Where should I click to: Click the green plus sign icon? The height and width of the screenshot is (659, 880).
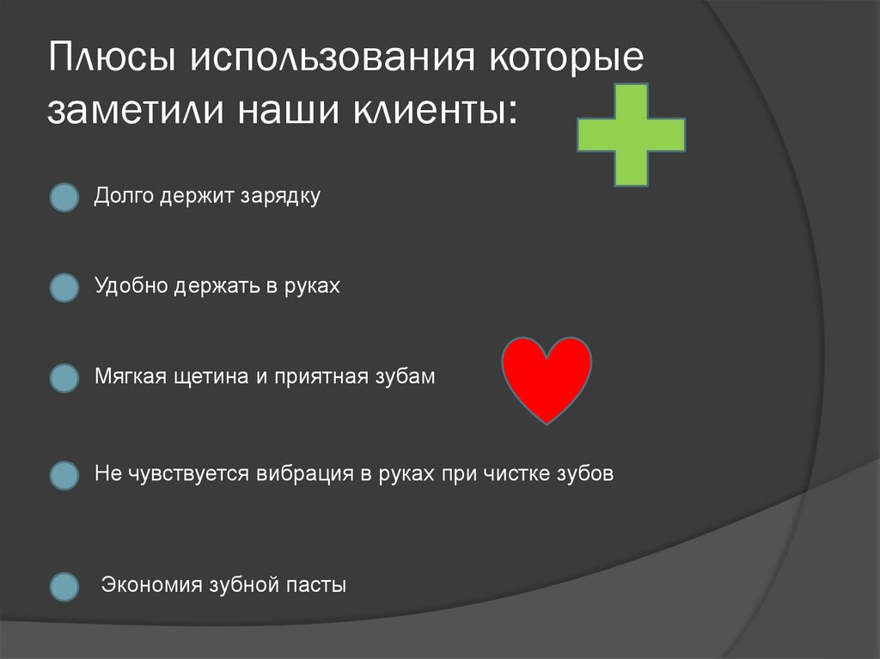[631, 136]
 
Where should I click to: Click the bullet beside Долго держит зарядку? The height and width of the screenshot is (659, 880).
[64, 198]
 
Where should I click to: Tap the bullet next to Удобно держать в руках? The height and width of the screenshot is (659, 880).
[64, 288]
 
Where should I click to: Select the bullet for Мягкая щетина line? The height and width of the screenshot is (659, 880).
[64, 378]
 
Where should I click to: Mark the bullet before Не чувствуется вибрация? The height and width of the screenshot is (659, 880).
[64, 474]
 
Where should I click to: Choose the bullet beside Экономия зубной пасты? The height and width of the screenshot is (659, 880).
[64, 587]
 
